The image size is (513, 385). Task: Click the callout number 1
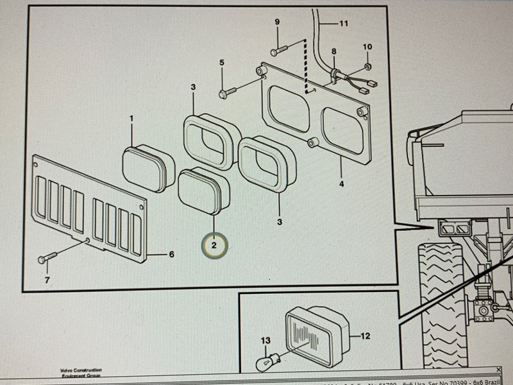pyautogui.click(x=132, y=119)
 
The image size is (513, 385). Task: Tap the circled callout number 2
pyautogui.click(x=214, y=244)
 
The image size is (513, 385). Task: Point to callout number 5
pyautogui.click(x=222, y=62)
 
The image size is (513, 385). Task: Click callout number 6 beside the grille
pyautogui.click(x=171, y=255)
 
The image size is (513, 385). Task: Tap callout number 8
pyautogui.click(x=333, y=51)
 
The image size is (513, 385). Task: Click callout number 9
pyautogui.click(x=277, y=22)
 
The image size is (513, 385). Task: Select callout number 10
pyautogui.click(x=367, y=47)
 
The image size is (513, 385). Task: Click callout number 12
pyautogui.click(x=366, y=334)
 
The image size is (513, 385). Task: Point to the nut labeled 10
pyautogui.click(x=367, y=67)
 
